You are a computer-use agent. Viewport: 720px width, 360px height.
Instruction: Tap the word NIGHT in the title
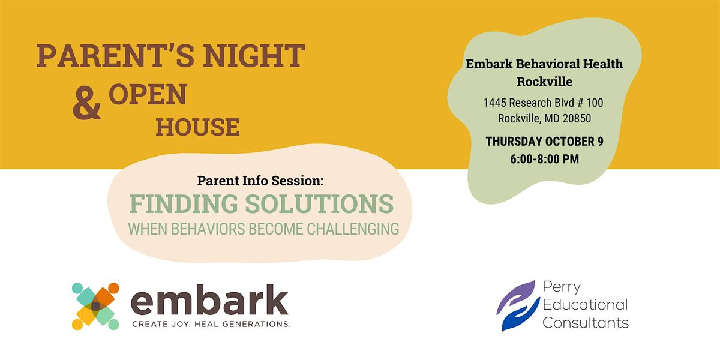click(254, 56)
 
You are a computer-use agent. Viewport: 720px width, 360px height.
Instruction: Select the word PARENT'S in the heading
click(115, 56)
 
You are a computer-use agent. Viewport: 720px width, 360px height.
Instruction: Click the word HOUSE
click(197, 127)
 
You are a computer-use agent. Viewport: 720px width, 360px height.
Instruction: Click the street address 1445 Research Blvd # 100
click(543, 103)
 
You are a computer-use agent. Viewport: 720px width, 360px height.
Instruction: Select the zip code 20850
click(577, 119)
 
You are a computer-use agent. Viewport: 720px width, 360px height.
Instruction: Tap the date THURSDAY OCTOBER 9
click(545, 142)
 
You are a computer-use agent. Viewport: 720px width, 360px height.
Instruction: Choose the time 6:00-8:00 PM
click(545, 159)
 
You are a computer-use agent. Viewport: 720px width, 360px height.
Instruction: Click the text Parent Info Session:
click(260, 181)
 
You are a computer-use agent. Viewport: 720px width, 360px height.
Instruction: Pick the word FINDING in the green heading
click(184, 204)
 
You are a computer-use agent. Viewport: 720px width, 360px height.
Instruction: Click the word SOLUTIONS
click(319, 204)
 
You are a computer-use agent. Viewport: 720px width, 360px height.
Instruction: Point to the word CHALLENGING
click(353, 229)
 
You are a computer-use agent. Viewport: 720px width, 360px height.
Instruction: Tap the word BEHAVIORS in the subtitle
click(208, 229)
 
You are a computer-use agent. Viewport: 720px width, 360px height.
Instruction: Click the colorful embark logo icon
click(95, 307)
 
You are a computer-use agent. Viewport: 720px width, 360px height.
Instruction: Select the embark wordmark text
click(209, 299)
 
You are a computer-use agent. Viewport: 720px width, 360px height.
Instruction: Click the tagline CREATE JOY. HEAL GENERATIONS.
click(211, 324)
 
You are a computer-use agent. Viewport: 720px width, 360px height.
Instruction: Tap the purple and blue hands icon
click(518, 305)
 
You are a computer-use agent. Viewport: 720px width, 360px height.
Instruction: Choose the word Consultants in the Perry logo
click(586, 323)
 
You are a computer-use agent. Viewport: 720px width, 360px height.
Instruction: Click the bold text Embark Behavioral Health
click(545, 64)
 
